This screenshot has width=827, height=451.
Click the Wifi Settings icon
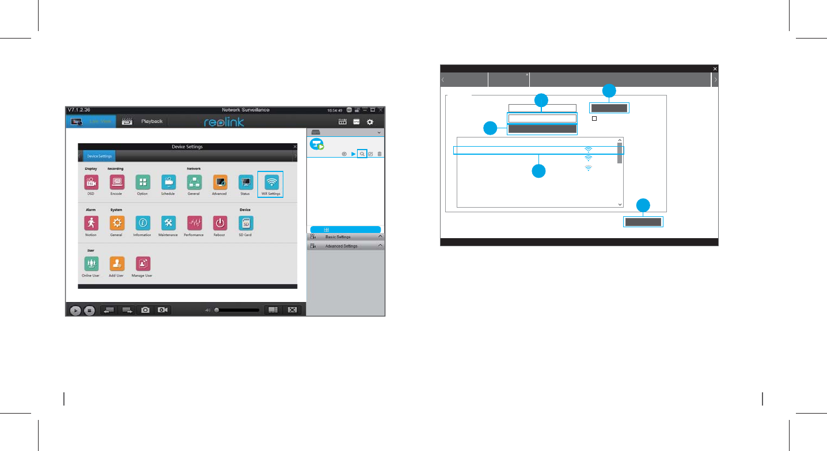point(270,182)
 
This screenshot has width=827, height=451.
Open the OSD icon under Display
point(90,182)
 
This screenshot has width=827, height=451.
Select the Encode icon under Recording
point(117,182)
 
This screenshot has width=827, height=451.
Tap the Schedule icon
point(168,182)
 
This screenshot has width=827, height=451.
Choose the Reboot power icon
point(219,223)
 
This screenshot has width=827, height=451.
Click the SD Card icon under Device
point(245,223)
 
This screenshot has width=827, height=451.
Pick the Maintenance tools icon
point(168,223)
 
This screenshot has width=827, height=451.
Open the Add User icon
point(117,263)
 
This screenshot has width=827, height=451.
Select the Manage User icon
point(142,263)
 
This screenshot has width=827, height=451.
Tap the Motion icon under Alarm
point(90,223)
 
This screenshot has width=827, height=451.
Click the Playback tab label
point(152,121)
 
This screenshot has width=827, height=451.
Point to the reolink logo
point(224,122)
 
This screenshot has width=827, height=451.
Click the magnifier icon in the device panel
point(362,154)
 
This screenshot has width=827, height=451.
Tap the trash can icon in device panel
point(379,154)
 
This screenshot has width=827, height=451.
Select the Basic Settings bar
point(346,237)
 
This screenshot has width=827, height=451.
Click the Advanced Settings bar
point(346,246)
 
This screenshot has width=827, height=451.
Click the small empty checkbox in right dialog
point(594,118)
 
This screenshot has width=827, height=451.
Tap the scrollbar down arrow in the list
point(620,204)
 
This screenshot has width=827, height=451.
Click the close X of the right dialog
point(715,68)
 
